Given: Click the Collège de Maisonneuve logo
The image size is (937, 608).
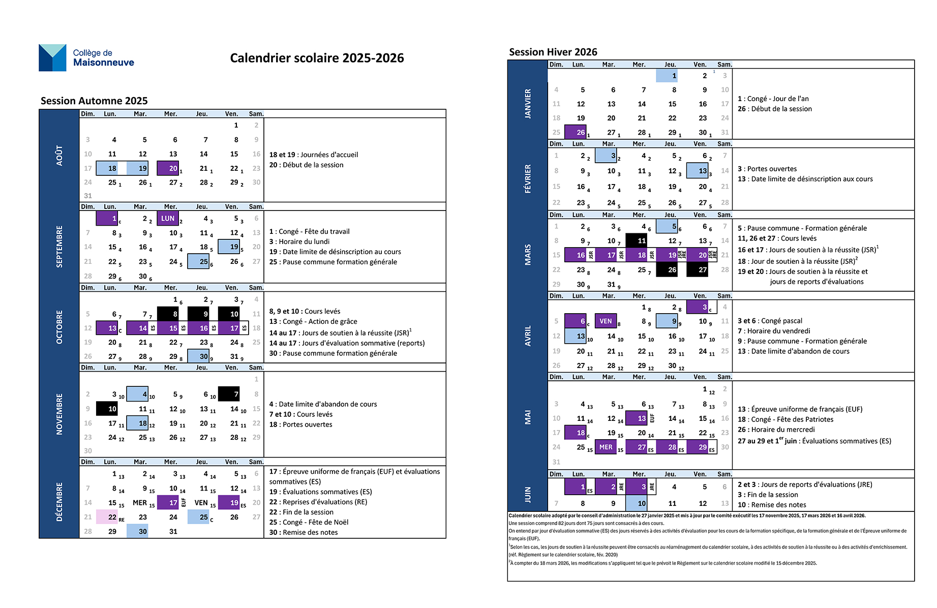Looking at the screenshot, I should click(x=86, y=57).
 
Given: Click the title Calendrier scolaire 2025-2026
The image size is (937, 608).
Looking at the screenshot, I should click(x=317, y=58).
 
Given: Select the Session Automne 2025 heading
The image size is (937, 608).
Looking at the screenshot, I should click(x=94, y=101).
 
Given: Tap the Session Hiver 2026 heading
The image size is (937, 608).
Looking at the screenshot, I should click(x=553, y=52).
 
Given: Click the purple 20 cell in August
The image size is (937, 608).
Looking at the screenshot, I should click(x=168, y=168).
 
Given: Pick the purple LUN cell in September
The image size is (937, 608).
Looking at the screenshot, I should click(x=168, y=218).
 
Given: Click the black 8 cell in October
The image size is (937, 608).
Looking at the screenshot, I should click(x=168, y=314).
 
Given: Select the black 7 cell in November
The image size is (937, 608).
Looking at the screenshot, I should click(x=229, y=394).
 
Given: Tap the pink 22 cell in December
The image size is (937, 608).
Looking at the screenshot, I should click(x=108, y=517).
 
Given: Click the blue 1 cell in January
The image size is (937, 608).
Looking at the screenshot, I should click(x=667, y=76).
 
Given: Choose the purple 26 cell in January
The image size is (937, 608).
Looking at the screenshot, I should click(x=576, y=132).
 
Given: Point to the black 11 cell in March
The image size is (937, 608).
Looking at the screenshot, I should click(x=636, y=240).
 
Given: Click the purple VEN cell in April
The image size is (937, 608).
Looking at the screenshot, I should click(x=606, y=321).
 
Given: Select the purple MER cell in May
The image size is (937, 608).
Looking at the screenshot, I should click(x=606, y=447).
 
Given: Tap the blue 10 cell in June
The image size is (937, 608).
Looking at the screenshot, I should click(x=636, y=503).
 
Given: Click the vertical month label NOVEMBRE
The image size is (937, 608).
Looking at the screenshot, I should click(x=59, y=414).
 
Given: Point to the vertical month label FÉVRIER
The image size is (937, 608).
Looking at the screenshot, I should click(x=528, y=178).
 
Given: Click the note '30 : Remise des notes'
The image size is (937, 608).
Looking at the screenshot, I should click(x=304, y=532).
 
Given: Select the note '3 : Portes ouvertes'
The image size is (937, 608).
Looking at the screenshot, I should click(x=767, y=169).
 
